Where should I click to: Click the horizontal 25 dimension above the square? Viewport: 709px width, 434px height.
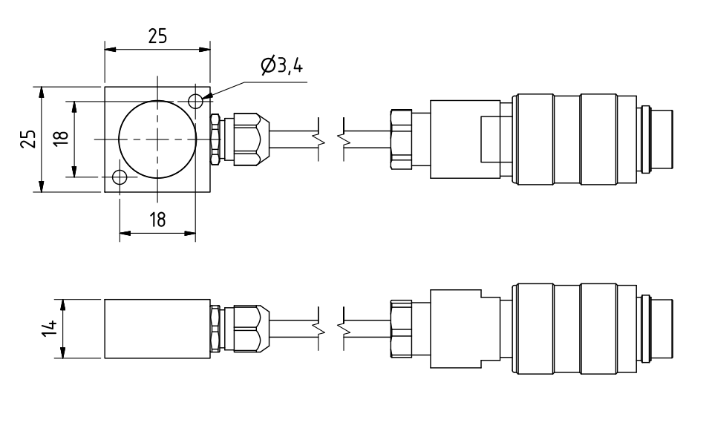coord(157,37)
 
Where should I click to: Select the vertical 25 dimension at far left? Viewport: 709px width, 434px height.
coord(28,139)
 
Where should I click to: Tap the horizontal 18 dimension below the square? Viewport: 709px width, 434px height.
coord(157,220)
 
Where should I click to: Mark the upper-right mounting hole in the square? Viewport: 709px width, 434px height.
coord(196,100)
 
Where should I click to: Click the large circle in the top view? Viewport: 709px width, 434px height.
coord(157,139)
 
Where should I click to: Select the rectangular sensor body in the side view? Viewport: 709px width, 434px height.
coord(157,329)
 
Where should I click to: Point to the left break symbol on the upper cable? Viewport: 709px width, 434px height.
coord(318,139)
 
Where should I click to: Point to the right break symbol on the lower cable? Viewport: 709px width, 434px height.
coord(343,326)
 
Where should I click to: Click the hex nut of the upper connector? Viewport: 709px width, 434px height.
coord(400,139)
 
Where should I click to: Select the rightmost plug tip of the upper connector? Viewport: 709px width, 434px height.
coord(663,139)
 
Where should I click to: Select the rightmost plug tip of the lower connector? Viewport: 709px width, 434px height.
coord(663,329)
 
